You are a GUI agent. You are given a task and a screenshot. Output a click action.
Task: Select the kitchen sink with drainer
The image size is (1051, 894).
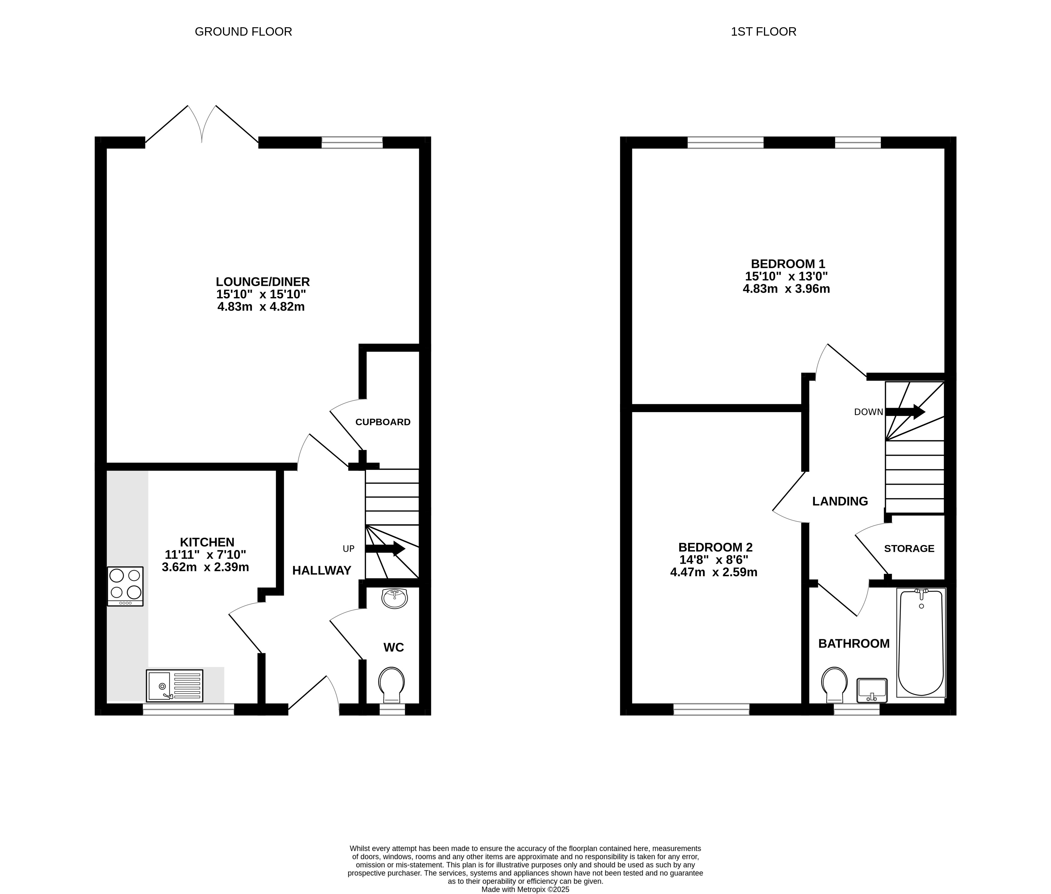click(174, 686)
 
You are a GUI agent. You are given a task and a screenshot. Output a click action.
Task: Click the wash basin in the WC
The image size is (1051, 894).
click(394, 598)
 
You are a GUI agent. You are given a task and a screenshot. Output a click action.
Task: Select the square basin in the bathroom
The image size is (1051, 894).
click(872, 691)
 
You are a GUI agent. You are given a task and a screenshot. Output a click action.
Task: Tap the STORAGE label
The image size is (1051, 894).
click(909, 548)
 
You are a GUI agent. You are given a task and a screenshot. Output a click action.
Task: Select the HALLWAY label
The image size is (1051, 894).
click(322, 571)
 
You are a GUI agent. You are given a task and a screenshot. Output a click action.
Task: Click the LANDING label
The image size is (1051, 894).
click(840, 501)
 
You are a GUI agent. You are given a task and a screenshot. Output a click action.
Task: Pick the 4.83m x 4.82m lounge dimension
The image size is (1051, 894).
click(261, 307)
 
